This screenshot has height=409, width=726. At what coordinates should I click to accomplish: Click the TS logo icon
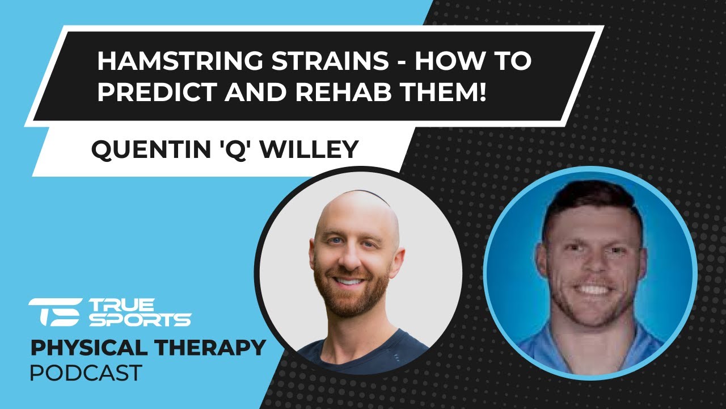point(54,312)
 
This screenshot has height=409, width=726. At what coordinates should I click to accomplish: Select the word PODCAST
point(86,373)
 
